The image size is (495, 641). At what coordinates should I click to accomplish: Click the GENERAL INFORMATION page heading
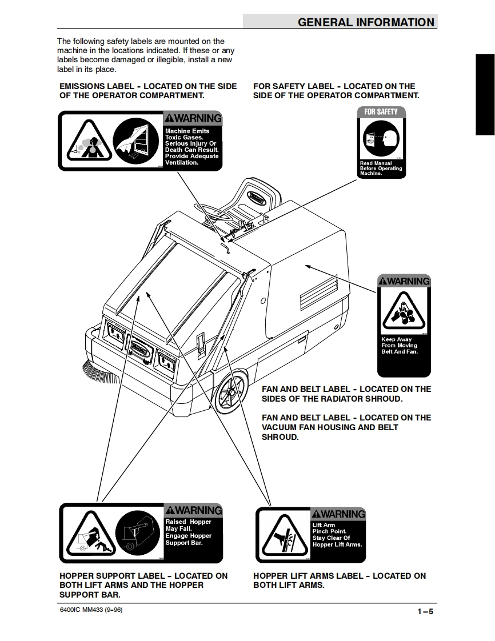point(366,22)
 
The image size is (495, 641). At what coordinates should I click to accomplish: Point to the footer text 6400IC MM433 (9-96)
point(91,610)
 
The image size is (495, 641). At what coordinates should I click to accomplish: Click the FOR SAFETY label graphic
point(381,142)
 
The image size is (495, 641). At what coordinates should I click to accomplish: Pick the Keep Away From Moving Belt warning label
point(404,326)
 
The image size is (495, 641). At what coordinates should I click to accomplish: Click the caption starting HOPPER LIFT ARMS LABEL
point(339,580)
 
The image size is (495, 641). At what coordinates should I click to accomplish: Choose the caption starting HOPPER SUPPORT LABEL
point(143,585)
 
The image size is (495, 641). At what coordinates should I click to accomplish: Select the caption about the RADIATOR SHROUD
point(346,394)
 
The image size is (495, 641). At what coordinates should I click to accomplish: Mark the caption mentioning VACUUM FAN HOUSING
point(346,427)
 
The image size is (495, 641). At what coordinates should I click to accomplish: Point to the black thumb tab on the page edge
point(485,94)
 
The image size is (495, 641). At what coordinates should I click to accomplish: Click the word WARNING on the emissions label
point(193,119)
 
